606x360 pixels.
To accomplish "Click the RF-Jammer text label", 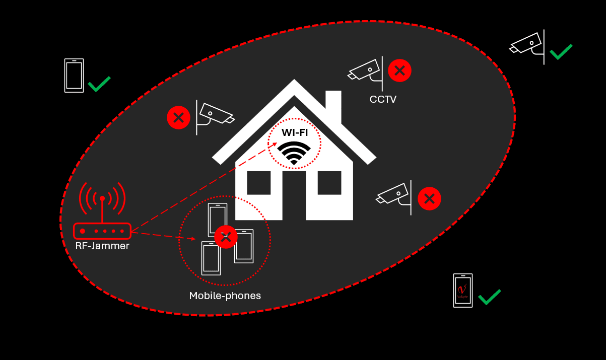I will pos(102,246).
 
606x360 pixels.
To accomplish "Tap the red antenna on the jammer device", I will pos(102,208).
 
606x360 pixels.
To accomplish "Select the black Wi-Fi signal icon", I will pos(294,153).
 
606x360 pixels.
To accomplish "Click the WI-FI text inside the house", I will pos(295,132).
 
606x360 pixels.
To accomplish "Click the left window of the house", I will pos(258,183).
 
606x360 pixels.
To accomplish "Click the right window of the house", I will pos(329,183).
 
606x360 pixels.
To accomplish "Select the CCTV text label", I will pos(383,100).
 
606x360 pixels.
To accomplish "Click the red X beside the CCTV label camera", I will pos(400,70).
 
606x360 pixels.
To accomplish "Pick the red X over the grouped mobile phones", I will pos(226,237).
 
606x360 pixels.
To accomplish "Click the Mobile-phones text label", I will pos(225,296).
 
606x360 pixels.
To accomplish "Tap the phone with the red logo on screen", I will pos(463,291).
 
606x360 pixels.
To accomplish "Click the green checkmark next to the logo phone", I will pos(489,297).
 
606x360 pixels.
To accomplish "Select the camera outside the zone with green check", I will pos(527,43).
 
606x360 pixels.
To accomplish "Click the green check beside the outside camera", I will pos(561,51).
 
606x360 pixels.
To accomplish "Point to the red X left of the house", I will pos(178,118).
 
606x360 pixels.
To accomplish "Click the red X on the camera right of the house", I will pos(429,198).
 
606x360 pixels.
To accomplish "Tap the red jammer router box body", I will pos(102,231).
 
